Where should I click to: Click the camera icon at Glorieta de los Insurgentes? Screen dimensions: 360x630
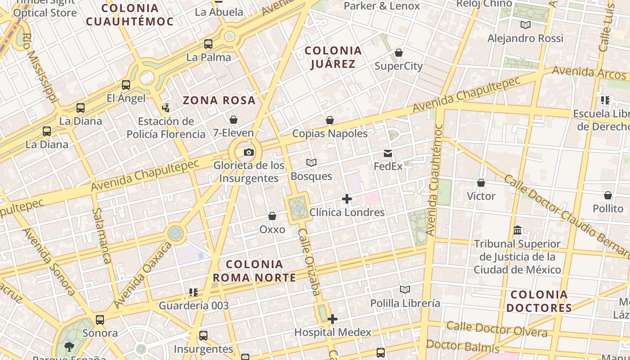(249, 153)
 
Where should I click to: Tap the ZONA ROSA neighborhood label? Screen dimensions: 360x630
(219, 100)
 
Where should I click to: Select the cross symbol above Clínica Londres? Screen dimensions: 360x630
(347, 198)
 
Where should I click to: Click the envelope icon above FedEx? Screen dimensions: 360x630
(388, 153)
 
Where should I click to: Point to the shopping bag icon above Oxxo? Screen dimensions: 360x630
(272, 216)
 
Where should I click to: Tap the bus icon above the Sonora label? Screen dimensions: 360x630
(100, 320)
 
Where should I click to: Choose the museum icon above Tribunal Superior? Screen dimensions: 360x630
(517, 230)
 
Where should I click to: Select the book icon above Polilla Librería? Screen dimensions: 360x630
(405, 289)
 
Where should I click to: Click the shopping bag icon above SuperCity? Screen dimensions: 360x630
(399, 53)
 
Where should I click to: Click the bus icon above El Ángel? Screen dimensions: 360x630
(126, 85)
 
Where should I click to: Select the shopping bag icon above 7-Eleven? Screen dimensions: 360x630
(234, 120)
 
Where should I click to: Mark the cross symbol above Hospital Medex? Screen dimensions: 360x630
(333, 319)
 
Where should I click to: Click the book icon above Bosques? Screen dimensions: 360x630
(311, 162)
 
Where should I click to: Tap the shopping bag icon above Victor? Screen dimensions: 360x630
(481, 183)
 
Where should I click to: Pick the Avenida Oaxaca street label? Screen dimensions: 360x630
(143, 275)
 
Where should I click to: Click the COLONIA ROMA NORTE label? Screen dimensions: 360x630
(255, 271)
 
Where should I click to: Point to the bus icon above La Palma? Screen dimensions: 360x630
(208, 44)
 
